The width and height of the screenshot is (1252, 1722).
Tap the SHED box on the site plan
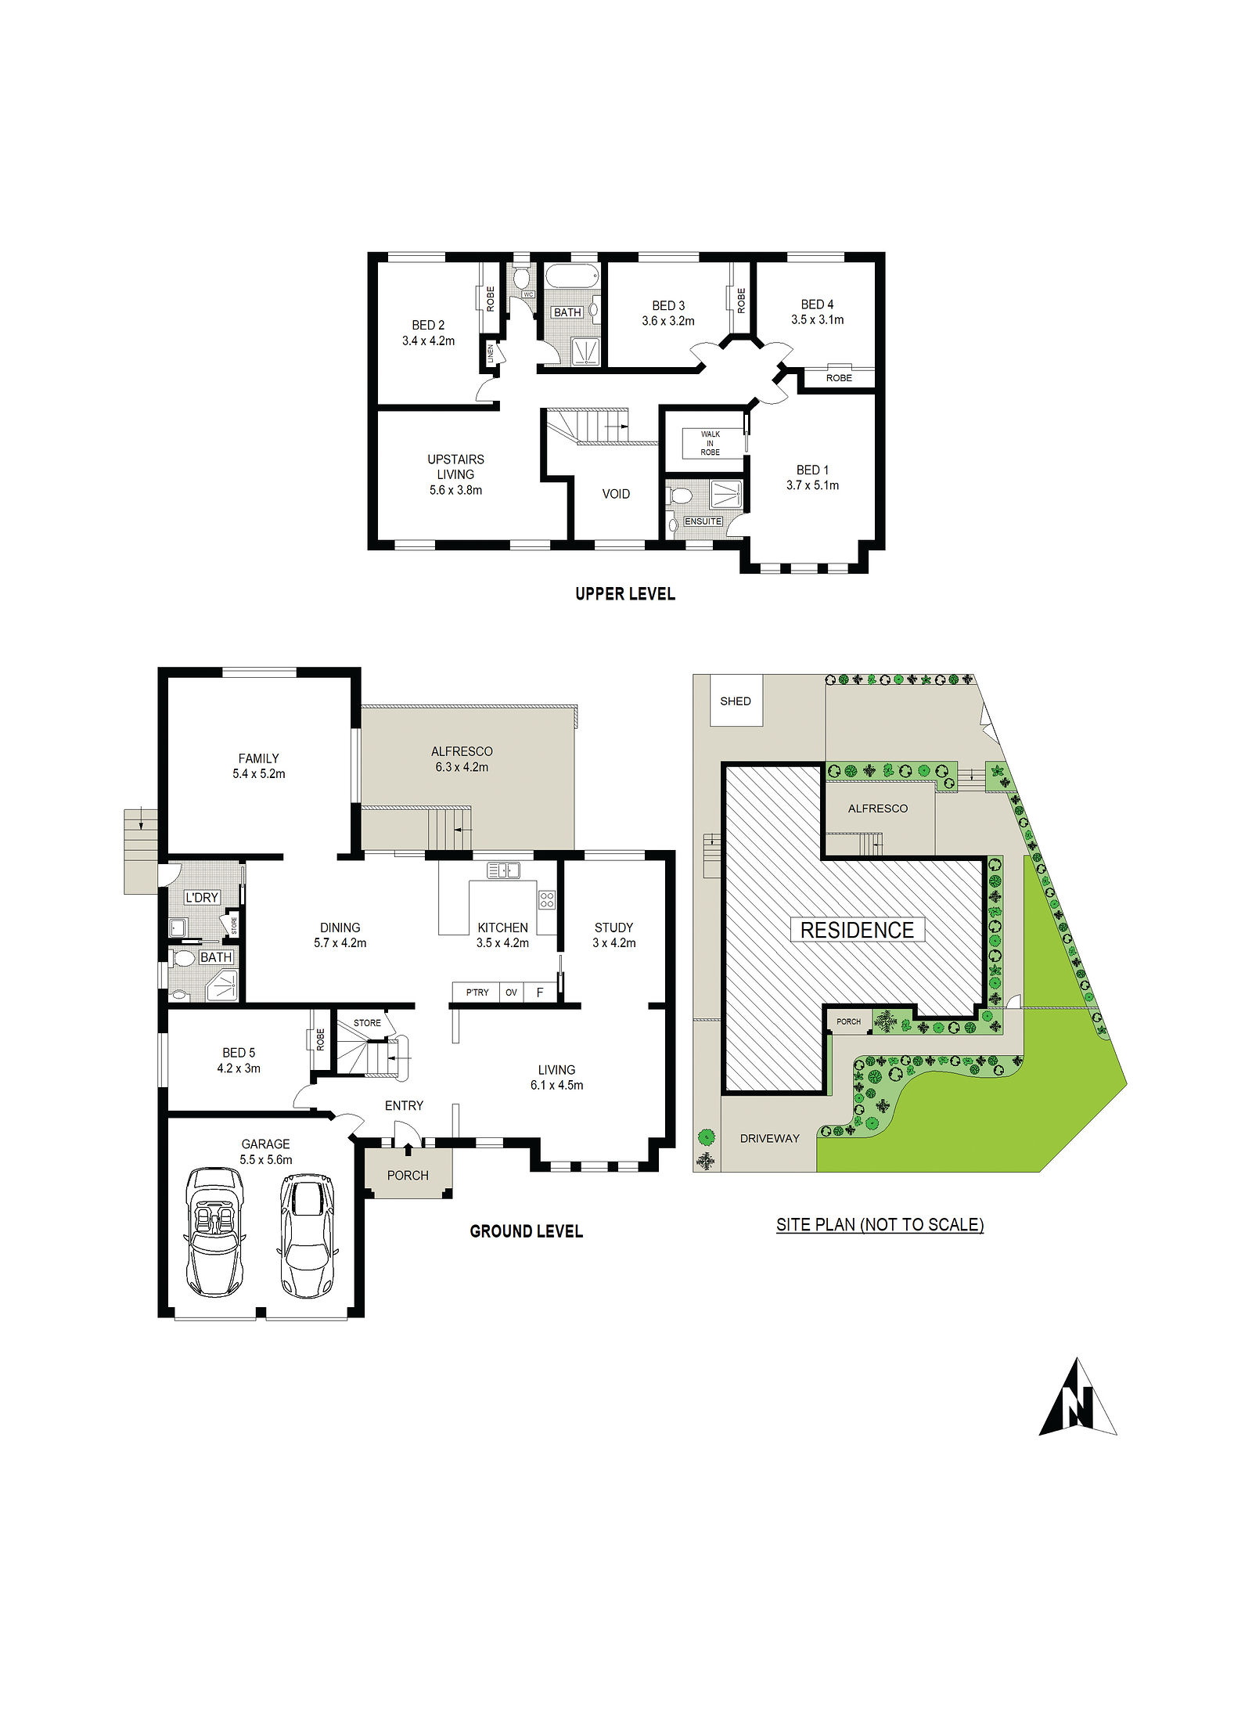736,701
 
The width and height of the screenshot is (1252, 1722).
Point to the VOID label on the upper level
616,494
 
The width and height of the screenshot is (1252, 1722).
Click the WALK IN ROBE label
711,443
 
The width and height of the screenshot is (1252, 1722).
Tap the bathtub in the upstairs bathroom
572,277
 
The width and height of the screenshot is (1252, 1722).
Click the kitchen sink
503,870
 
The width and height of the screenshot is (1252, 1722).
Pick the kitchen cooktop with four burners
547,899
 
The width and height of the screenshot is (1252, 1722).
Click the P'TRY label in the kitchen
477,992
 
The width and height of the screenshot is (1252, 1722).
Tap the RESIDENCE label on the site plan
857,930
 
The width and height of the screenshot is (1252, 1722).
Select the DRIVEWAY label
770,1138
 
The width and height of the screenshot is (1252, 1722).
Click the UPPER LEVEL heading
625,594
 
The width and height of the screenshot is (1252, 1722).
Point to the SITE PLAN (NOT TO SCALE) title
880,1225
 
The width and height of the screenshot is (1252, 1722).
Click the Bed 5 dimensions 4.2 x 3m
239,1068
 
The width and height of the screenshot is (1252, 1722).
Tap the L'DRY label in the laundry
202,898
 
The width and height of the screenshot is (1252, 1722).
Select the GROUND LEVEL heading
527,1231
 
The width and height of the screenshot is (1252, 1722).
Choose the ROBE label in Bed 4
839,378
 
